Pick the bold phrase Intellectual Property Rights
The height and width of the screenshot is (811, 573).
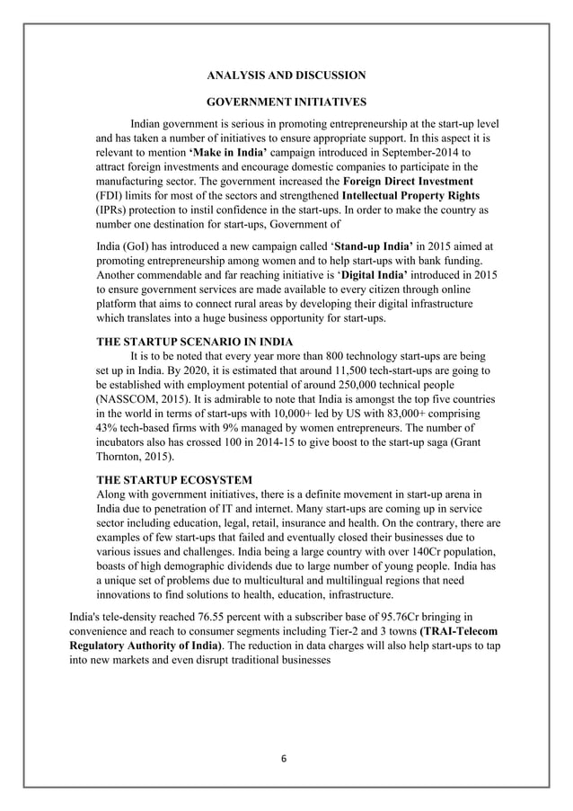click(411, 195)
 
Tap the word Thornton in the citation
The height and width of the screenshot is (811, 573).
click(122, 456)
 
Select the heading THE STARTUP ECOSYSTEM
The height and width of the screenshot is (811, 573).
click(174, 479)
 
